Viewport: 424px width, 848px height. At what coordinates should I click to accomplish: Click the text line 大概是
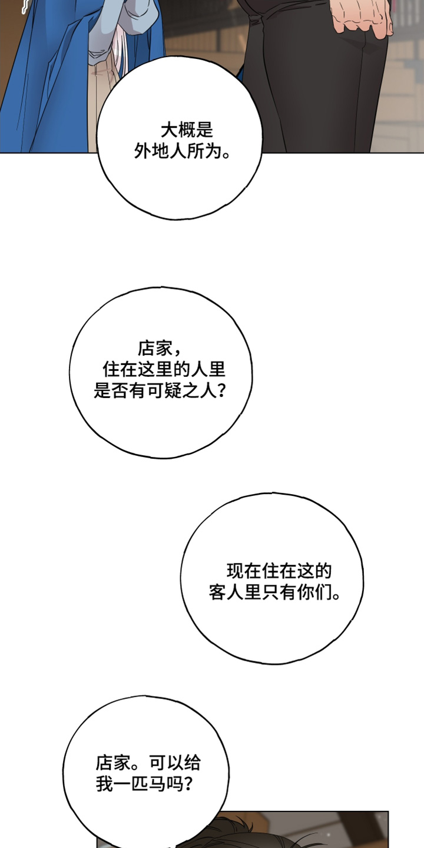pos(187,130)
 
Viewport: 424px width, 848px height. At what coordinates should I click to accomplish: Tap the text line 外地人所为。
pos(183,152)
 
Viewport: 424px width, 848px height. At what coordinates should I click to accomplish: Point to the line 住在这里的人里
pos(164,369)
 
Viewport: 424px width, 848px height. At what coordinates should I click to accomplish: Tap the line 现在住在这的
pos(279,571)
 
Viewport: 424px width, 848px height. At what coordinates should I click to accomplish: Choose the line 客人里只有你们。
pos(274,592)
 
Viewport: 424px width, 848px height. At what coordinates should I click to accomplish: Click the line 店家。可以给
pos(148,763)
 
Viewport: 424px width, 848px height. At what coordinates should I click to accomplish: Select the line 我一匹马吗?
pos(144,784)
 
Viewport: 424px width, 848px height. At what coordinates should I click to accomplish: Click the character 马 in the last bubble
pos(157,784)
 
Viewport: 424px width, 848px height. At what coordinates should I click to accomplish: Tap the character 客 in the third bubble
pos(217,592)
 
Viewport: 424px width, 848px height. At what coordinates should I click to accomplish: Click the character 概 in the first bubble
pos(187,130)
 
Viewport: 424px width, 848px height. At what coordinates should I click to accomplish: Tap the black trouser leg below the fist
pos(314,76)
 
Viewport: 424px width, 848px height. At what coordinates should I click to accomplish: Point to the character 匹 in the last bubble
pos(140,784)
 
